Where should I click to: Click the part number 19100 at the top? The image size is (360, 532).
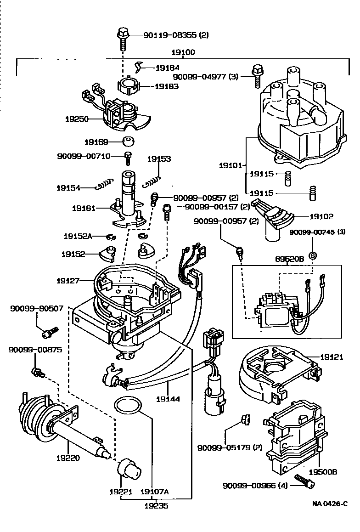coord(183,53)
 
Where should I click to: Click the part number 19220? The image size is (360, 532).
coord(69,458)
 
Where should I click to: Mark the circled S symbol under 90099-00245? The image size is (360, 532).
coord(312,255)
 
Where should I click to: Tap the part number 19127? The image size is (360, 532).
coord(69,279)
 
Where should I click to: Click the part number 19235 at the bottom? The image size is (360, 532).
coord(158,506)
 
